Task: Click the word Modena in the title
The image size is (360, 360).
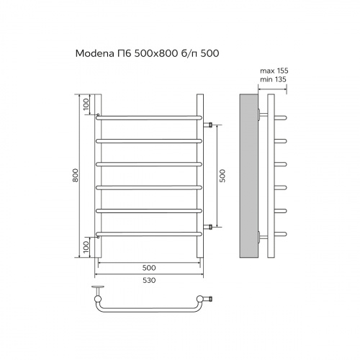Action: click(95, 53)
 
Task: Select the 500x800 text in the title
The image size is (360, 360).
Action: click(156, 53)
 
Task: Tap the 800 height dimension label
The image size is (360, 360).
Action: click(76, 175)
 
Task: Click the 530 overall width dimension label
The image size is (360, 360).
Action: click(149, 280)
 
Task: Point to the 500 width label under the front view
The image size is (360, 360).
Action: click(149, 268)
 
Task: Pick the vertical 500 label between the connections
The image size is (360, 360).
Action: click(222, 176)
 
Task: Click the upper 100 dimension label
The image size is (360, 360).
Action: click(86, 104)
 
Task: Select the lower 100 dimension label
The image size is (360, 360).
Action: click(86, 247)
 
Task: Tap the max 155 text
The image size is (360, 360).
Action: click(274, 71)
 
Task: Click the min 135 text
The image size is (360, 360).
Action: click(273, 79)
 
